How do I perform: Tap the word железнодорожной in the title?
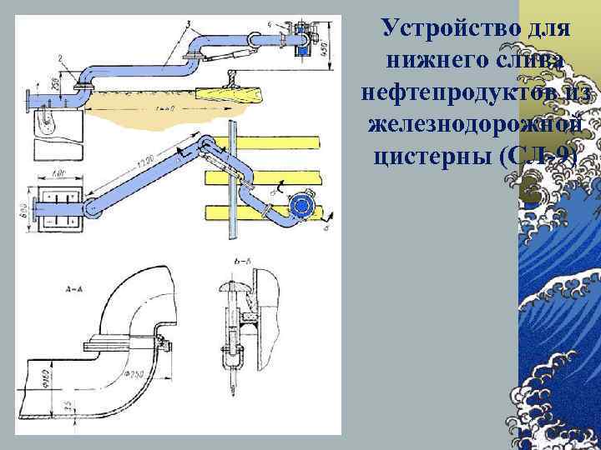[x=473, y=125]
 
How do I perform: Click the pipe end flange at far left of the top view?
[x=29, y=99]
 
